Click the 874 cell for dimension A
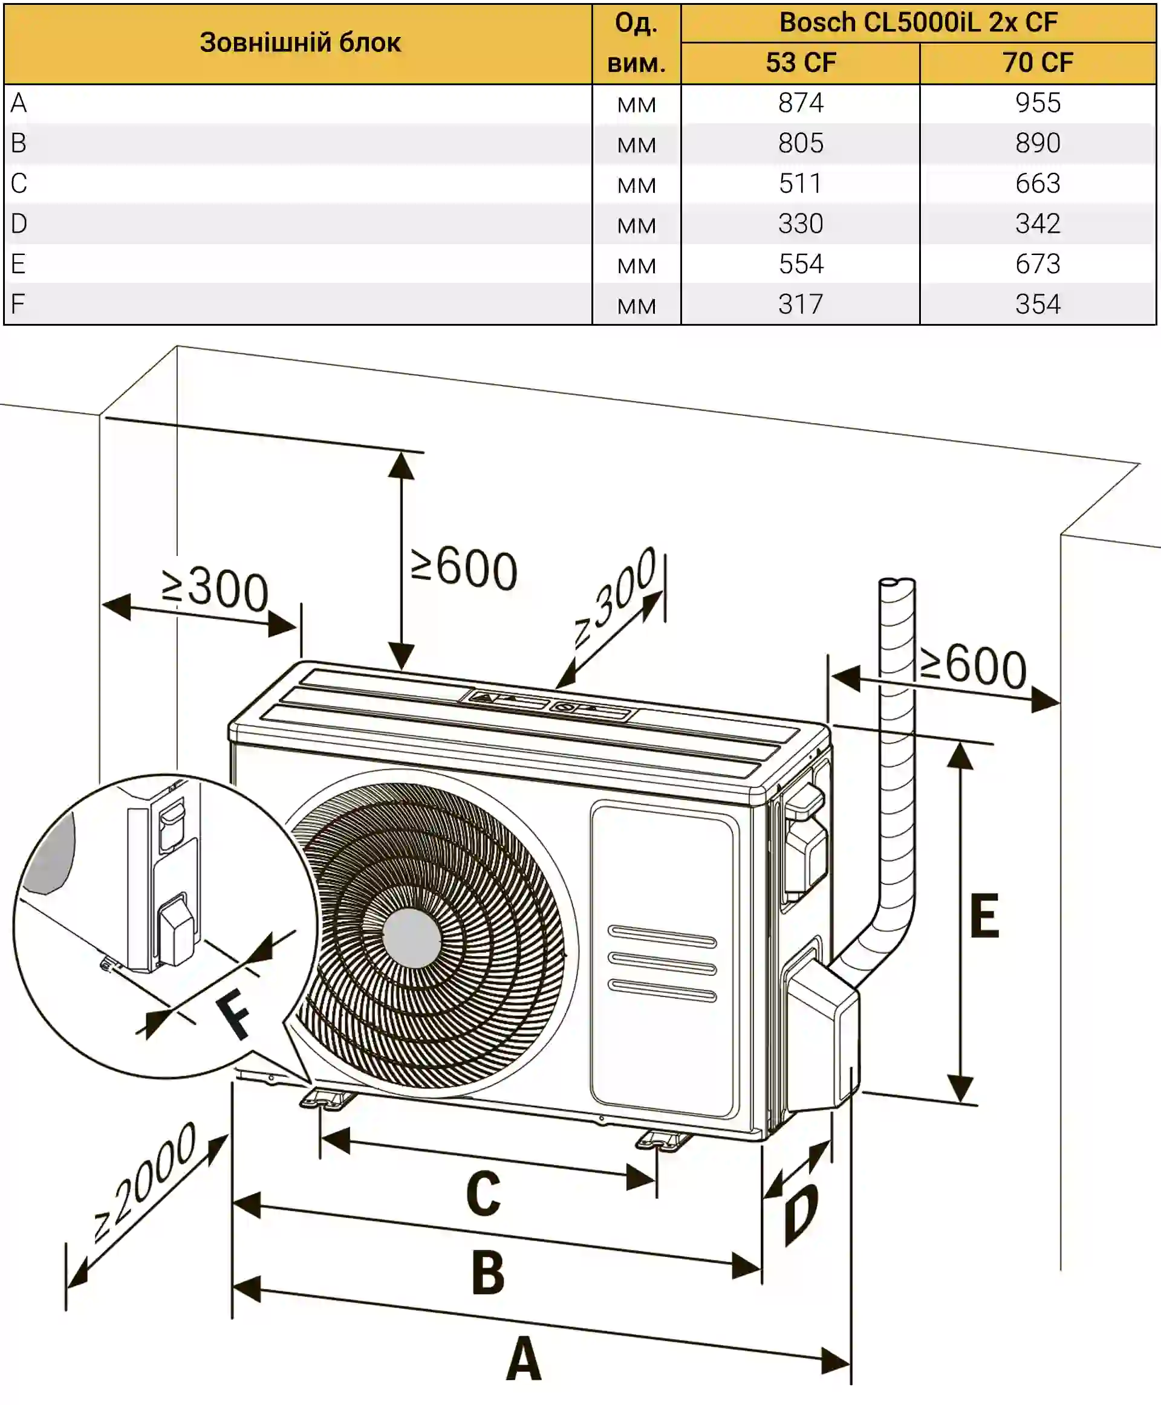click(801, 103)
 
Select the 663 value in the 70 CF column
click(1037, 183)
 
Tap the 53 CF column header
click(801, 63)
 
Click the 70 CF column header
click(1037, 63)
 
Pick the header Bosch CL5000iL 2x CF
click(919, 23)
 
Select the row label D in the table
click(19, 223)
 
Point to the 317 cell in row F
click(801, 304)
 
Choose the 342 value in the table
click(1037, 223)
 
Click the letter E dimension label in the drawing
click(984, 916)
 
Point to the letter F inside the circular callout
click(234, 1015)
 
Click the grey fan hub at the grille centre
click(411, 938)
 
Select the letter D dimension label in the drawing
click(801, 1212)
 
